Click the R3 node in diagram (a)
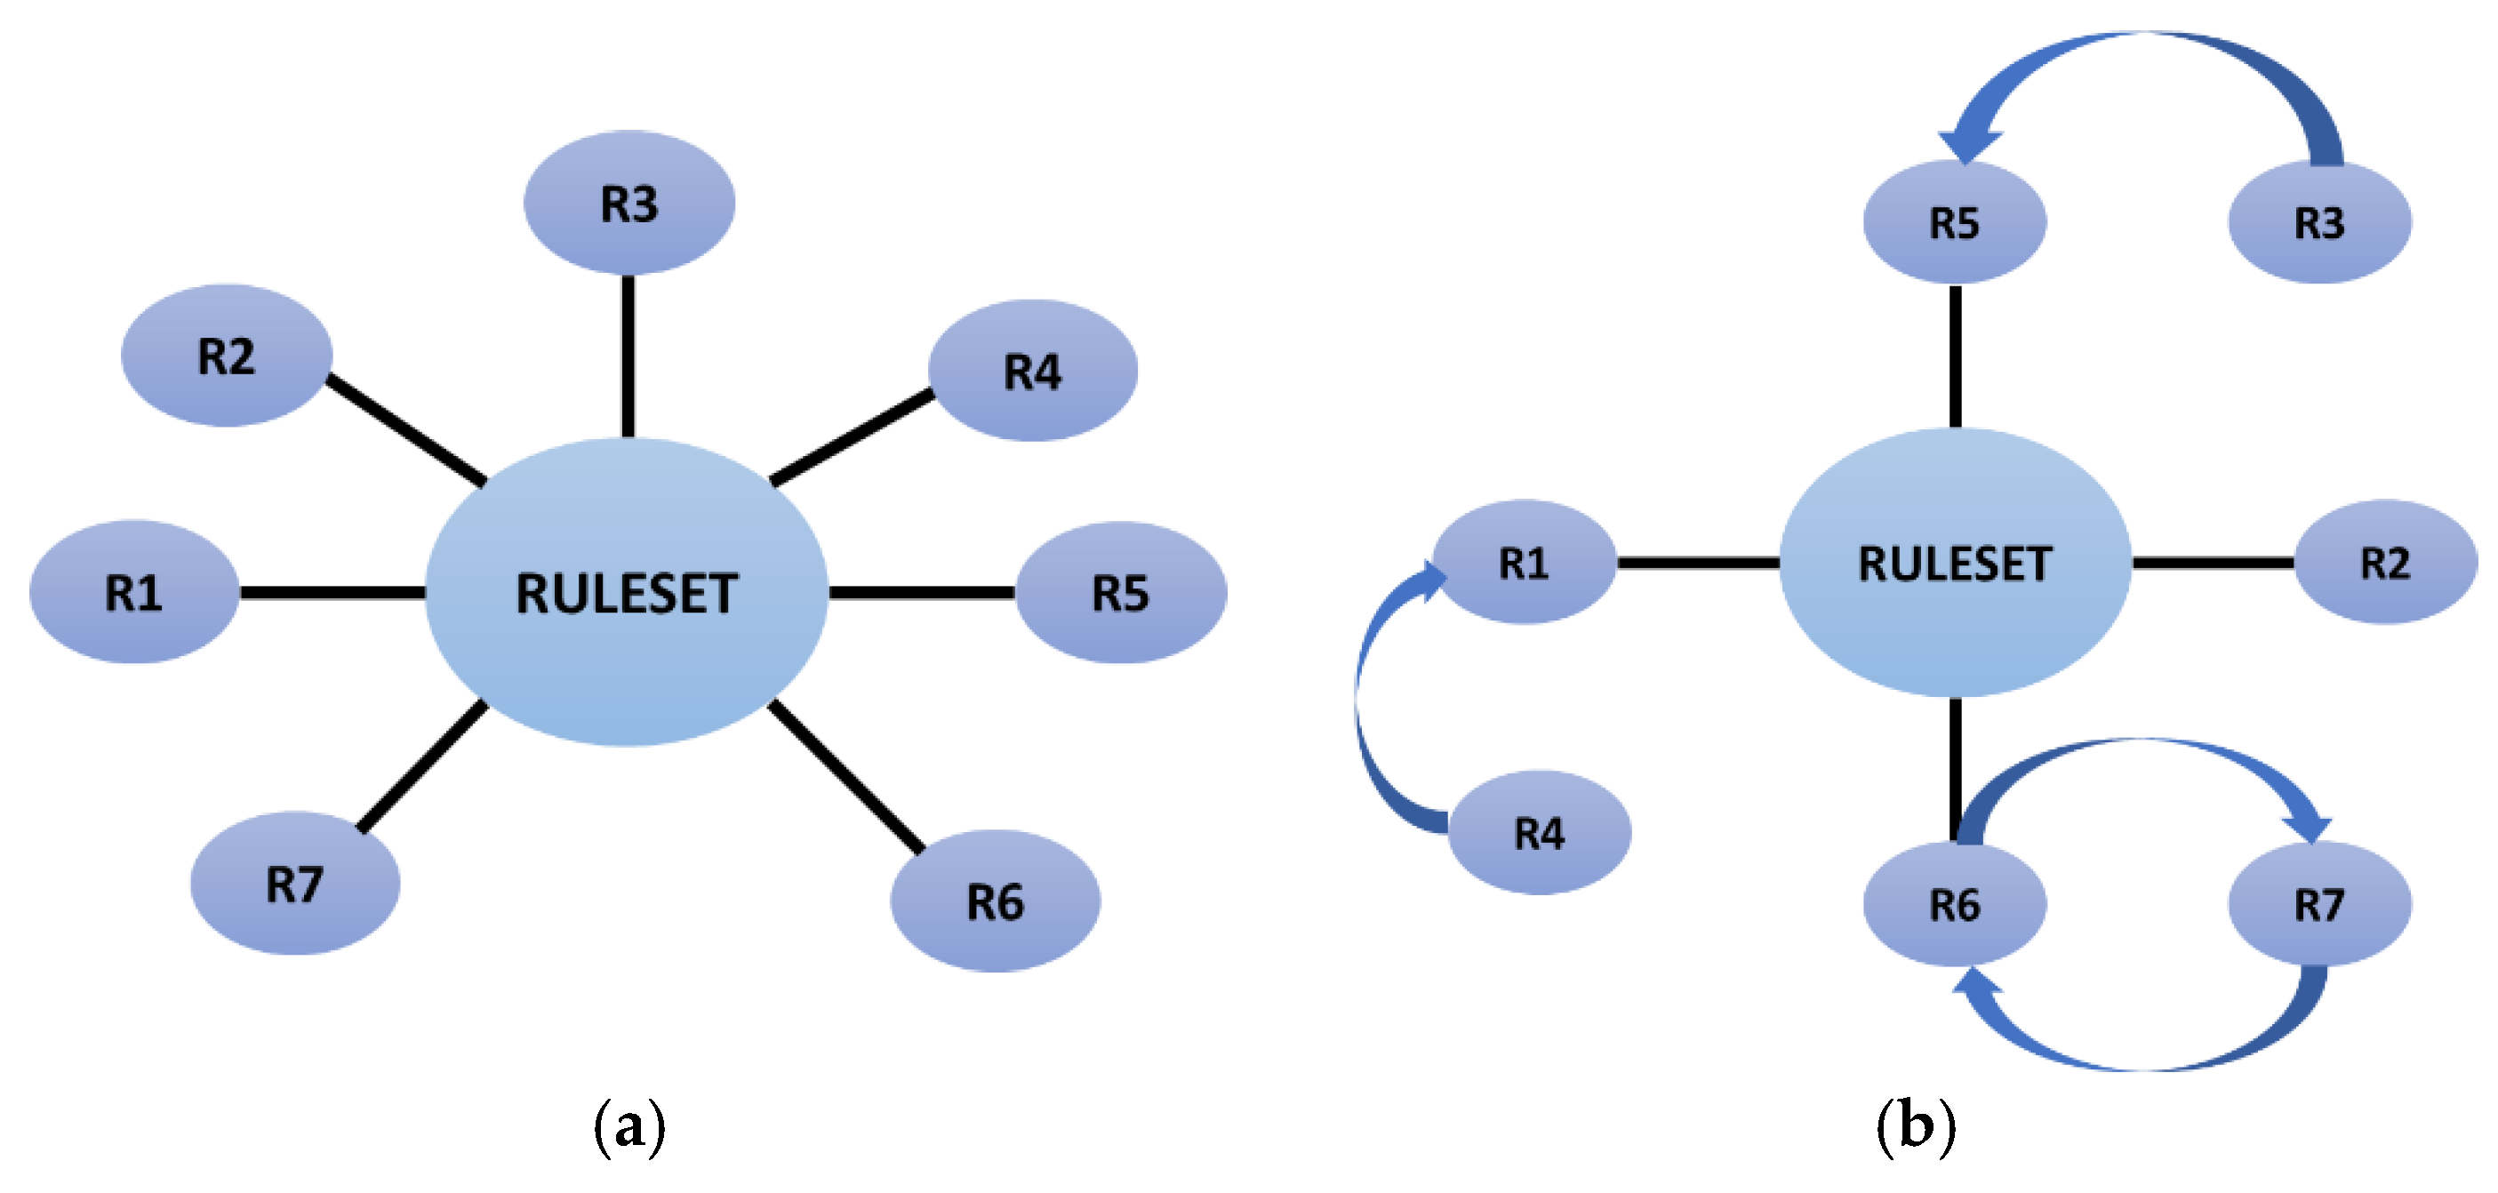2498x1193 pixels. click(x=629, y=203)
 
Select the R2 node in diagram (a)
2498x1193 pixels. click(x=226, y=355)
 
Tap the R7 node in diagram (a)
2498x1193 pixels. click(x=295, y=884)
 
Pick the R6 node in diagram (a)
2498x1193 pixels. click(x=995, y=901)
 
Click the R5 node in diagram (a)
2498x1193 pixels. click(x=1120, y=593)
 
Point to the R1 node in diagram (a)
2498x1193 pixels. click(x=134, y=593)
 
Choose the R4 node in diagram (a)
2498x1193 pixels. click(x=1032, y=371)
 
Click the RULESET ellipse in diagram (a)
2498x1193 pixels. click(x=627, y=593)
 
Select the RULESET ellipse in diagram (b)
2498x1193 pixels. click(x=1954, y=563)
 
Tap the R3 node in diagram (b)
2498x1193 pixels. click(x=2318, y=222)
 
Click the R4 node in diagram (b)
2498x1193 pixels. click(x=1539, y=832)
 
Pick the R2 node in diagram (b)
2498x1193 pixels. click(x=2384, y=563)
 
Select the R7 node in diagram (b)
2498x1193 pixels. click(x=2318, y=904)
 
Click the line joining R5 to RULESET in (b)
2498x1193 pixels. click(x=1955, y=356)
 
